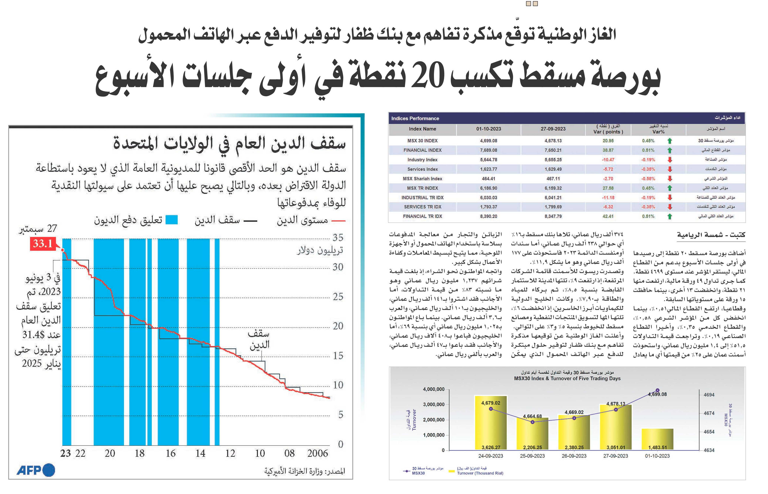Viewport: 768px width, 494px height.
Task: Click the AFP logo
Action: [36, 470]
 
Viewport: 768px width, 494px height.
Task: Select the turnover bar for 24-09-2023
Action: [491, 422]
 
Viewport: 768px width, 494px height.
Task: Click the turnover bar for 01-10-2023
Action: [657, 439]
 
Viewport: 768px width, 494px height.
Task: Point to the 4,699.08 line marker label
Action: [657, 394]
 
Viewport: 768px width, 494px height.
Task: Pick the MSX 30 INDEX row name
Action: [422, 140]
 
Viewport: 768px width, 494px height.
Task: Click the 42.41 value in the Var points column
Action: [608, 216]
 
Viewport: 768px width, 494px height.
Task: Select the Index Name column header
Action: [422, 129]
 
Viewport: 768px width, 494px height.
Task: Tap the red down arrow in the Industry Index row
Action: [669, 160]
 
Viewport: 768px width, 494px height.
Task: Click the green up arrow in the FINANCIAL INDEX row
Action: [669, 150]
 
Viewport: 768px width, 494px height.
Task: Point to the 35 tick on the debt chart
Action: [338, 237]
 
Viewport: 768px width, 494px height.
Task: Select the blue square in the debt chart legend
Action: [171, 220]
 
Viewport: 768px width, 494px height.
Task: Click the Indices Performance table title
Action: [415, 118]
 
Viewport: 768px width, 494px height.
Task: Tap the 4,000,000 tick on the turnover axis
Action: [433, 389]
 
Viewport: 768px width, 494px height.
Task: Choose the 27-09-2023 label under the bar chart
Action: [616, 456]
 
